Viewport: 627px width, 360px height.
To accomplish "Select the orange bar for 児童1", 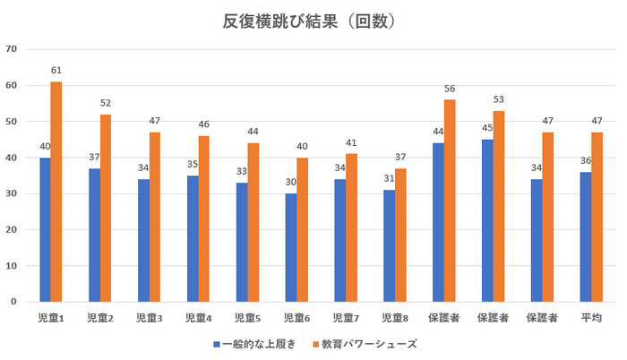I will tap(56, 192).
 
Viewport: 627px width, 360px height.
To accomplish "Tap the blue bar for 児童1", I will tap(45, 229).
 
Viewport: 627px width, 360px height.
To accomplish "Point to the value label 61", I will tap(56, 70).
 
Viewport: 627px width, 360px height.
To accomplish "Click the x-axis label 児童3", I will tap(149, 318).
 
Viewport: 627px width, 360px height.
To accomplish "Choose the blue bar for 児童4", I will tap(193, 238).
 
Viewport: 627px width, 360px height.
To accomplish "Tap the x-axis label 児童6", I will tap(296, 318).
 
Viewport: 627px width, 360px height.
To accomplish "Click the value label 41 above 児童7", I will tap(351, 142).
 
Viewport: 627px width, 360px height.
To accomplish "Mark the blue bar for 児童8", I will tap(390, 245).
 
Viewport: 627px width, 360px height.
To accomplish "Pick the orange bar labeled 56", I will tap(450, 201).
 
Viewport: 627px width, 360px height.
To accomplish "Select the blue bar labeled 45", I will tap(487, 220).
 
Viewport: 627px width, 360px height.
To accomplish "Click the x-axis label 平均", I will tap(590, 318).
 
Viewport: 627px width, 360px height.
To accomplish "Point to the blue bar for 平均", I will tap(586, 236).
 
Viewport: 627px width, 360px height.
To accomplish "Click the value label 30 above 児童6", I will tap(290, 183).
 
